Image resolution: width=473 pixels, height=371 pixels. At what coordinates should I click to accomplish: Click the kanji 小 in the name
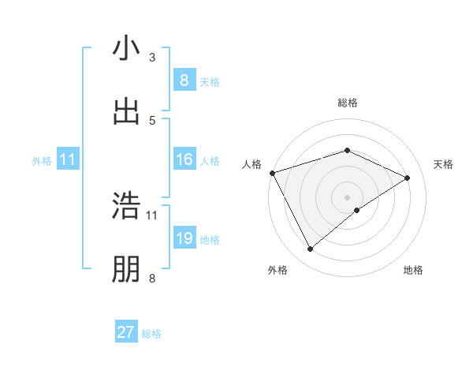126,49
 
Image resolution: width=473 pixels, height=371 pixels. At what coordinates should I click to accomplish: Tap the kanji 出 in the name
126,112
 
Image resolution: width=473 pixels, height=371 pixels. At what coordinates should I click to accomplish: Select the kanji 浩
126,207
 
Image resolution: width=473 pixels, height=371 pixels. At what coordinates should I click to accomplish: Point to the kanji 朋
126,270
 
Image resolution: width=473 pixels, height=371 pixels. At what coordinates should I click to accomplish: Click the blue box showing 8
184,81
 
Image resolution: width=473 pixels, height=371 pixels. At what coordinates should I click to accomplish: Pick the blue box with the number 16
184,160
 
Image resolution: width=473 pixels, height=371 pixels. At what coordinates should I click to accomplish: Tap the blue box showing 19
184,238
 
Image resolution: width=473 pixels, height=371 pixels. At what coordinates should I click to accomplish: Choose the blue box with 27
126,332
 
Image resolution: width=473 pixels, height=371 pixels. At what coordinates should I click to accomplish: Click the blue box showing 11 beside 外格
68,160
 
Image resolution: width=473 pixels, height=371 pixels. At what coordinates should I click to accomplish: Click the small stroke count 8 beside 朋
152,278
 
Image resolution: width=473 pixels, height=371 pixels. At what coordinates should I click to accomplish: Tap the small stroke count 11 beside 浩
152,215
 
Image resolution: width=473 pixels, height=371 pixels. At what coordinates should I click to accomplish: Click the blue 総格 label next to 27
151,334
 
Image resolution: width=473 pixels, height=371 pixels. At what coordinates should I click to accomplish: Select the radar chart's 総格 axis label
347,103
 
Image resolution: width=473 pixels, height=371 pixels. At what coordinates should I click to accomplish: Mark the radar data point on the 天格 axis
408,178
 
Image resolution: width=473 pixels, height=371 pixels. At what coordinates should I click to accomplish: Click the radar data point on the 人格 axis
272,173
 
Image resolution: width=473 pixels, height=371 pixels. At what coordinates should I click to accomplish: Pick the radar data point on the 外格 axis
311,249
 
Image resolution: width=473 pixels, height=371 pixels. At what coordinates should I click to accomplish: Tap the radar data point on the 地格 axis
357,210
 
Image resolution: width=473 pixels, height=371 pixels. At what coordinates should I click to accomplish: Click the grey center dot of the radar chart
347,197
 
